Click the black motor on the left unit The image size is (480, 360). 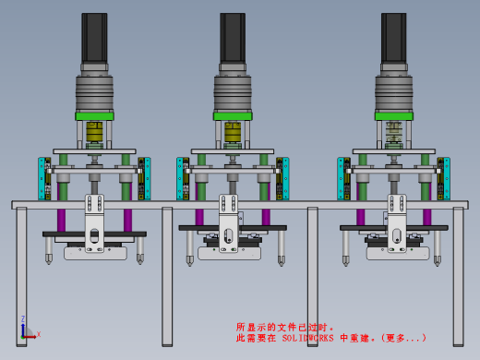(x=94, y=38)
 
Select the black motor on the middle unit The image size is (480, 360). (x=233, y=38)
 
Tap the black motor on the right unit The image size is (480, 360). (x=394, y=38)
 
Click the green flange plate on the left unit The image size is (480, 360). (x=94, y=116)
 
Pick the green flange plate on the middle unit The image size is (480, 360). (x=233, y=116)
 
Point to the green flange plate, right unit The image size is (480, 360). (x=394, y=116)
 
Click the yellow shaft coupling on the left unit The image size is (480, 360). (x=94, y=132)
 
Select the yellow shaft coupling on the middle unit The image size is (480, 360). (x=233, y=132)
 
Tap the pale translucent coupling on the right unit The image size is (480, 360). (x=394, y=132)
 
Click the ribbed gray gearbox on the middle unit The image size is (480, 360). (x=233, y=93)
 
